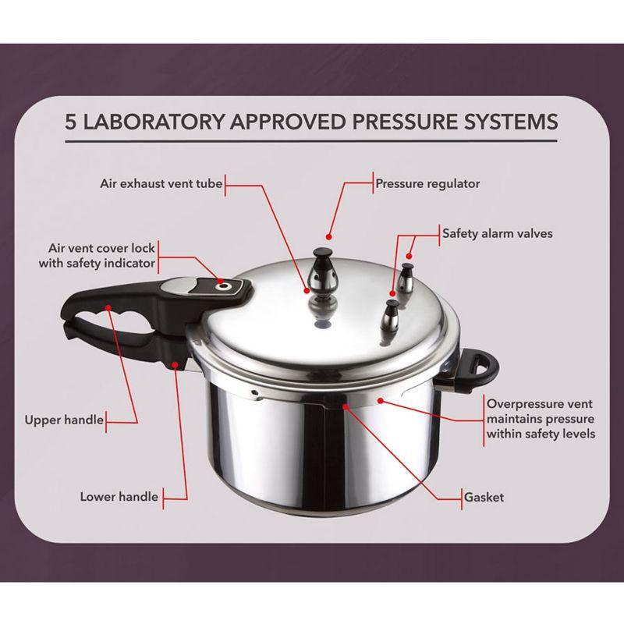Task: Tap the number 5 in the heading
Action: click(71, 122)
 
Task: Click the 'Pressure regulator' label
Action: click(427, 185)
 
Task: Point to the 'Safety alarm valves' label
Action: click(492, 232)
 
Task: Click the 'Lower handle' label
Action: click(119, 496)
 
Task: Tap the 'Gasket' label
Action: click(484, 497)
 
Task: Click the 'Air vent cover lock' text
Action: click(97, 248)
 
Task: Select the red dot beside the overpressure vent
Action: click(380, 400)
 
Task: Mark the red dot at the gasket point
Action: click(343, 406)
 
